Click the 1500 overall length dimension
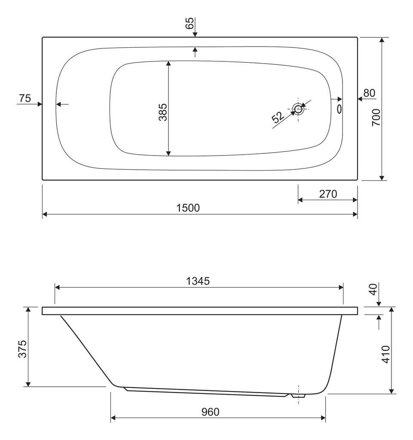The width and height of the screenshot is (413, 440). [x=188, y=208]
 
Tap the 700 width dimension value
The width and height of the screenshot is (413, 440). [x=376, y=116]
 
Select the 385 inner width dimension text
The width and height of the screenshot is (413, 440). [x=162, y=112]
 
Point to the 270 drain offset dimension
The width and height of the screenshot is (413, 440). [x=327, y=194]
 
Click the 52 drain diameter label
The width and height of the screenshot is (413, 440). [x=278, y=117]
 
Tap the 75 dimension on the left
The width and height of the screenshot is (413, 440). [x=25, y=98]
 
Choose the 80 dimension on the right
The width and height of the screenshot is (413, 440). [x=369, y=93]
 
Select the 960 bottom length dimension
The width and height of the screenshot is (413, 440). [x=210, y=412]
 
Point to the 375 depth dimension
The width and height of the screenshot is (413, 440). [x=23, y=348]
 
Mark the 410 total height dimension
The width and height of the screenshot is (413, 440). [x=385, y=354]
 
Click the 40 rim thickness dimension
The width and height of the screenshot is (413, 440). [x=373, y=289]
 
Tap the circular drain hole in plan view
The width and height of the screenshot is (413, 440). [x=298, y=108]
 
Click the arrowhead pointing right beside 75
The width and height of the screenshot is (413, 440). [x=40, y=104]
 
